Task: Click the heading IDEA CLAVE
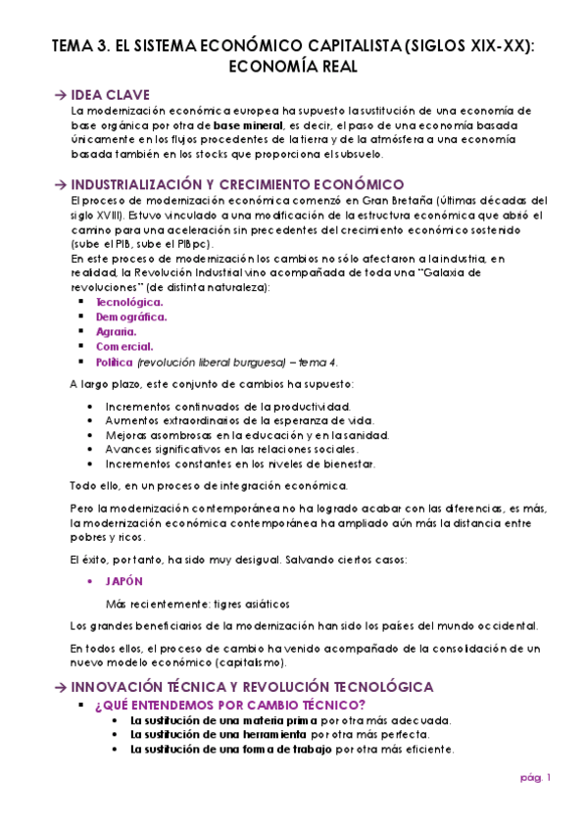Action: (x=111, y=94)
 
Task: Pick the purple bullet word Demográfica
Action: (x=130, y=317)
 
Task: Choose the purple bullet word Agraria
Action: (x=116, y=331)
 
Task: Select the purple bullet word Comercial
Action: (x=123, y=346)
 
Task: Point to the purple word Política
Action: (x=113, y=362)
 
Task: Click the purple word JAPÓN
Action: (x=123, y=580)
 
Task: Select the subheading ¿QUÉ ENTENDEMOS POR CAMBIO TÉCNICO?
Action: (x=230, y=705)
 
